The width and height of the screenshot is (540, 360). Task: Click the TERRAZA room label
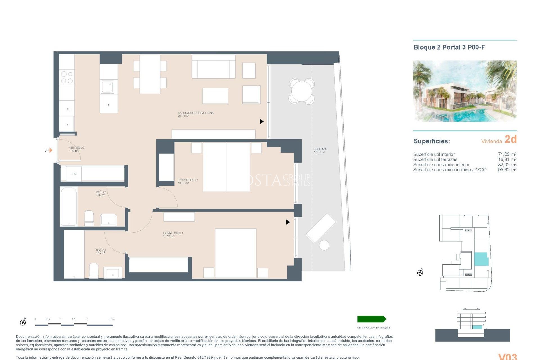(320, 150)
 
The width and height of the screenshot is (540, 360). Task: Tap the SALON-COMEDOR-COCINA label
(195, 114)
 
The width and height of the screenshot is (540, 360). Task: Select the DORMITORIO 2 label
(188, 181)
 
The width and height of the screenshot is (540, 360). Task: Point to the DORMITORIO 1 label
(173, 235)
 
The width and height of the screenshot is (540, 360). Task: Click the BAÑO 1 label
(101, 251)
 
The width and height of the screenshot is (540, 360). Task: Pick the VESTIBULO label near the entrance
(76, 149)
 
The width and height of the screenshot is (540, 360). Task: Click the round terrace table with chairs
(301, 91)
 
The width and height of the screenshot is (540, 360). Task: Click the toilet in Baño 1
(94, 270)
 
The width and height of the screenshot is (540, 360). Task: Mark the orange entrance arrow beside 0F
(51, 150)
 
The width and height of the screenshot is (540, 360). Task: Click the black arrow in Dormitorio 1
(288, 222)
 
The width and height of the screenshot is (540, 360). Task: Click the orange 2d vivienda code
(510, 139)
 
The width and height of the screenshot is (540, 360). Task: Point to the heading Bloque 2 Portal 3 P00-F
(449, 47)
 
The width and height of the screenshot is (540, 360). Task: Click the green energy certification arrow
(372, 319)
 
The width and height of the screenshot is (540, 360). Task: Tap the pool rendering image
(465, 91)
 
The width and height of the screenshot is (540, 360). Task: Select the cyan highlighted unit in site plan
(481, 259)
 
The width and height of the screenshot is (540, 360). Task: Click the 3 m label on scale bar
(112, 319)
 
